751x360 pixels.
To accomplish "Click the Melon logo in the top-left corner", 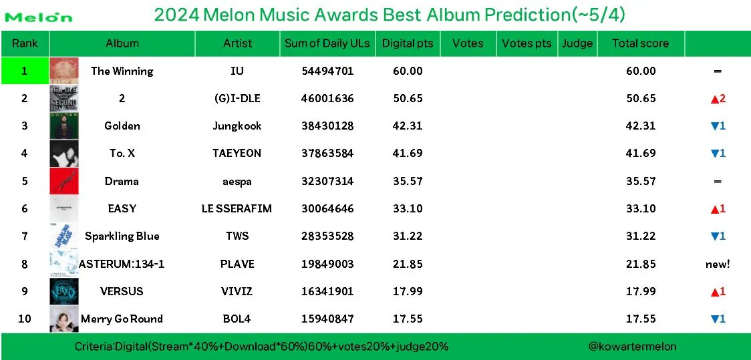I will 39,17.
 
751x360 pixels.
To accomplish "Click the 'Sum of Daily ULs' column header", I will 327,43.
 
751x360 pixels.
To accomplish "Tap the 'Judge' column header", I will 577,43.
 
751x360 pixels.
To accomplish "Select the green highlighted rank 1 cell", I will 25,71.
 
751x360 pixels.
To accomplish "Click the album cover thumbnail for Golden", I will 64,126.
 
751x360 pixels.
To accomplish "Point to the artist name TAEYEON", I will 237,153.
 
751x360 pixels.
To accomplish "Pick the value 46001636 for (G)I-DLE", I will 327,98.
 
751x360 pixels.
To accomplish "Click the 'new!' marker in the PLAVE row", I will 718,264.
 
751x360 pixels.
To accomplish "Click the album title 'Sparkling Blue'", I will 122,236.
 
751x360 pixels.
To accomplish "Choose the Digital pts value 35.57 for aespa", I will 408,181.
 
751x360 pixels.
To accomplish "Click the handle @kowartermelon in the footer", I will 631,346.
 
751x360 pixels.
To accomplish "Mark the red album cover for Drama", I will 64,181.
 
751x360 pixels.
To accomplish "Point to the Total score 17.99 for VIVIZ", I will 641,291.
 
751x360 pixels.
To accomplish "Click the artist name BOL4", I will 237,319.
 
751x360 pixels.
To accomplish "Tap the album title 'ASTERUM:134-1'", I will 122,264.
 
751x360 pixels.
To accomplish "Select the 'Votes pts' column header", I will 527,43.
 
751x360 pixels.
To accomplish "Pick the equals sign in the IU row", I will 718,71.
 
